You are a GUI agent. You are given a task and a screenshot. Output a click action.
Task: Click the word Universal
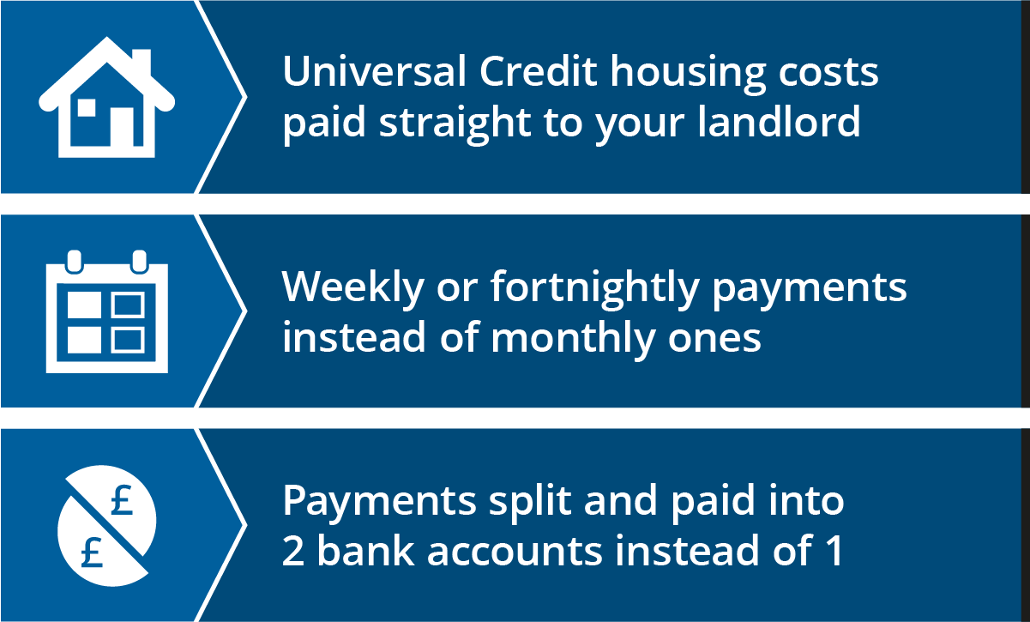[x=374, y=71]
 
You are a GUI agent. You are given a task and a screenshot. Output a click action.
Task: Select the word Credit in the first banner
[x=539, y=71]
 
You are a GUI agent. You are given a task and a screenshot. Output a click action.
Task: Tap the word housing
[x=688, y=75]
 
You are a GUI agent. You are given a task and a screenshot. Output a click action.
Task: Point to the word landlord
[x=779, y=120]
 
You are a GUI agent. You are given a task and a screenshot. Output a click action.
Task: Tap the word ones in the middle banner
[x=714, y=341]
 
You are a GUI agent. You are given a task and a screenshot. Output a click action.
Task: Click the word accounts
[x=515, y=552]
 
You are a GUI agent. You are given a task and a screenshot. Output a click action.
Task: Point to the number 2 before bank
[x=293, y=550]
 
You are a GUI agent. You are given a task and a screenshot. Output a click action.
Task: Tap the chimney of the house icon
[x=142, y=63]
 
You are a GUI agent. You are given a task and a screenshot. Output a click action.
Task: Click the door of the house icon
[x=122, y=126]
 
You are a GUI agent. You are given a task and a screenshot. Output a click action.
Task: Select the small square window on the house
[x=87, y=108]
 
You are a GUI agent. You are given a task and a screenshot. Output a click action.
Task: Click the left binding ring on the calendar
[x=74, y=262]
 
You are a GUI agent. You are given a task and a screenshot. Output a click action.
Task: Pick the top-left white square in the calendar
[x=84, y=305]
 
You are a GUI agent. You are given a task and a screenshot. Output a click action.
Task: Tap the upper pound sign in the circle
[x=122, y=500]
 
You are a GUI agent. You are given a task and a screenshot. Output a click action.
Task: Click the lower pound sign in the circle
[x=92, y=552]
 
